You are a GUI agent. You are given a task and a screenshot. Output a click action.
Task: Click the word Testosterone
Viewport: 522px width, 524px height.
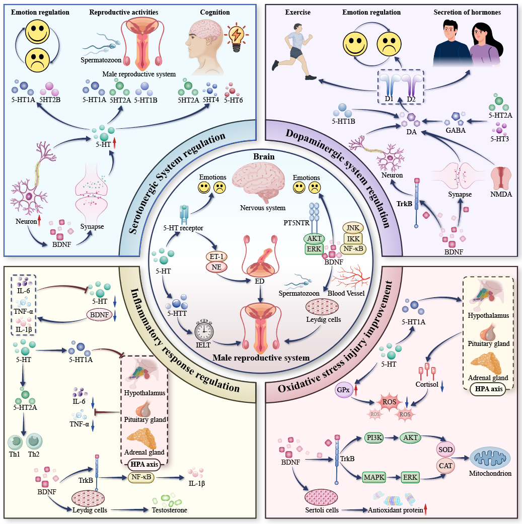[x=170, y=510]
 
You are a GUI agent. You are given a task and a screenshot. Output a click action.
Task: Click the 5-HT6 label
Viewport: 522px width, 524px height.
[x=234, y=100]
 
